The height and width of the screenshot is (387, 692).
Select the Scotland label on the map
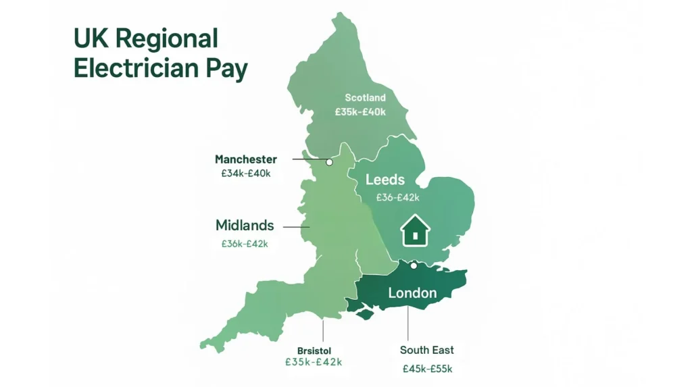click(x=365, y=98)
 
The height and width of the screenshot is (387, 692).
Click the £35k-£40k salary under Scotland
click(x=360, y=111)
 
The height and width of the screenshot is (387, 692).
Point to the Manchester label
click(x=246, y=159)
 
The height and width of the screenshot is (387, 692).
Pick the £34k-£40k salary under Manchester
click(x=245, y=174)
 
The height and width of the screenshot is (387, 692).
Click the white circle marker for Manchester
click(x=329, y=162)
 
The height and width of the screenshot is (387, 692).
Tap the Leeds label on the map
click(x=385, y=180)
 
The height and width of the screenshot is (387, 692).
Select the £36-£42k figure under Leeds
click(x=397, y=198)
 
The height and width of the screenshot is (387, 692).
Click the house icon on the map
click(x=415, y=231)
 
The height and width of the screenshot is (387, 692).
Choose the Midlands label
click(x=245, y=226)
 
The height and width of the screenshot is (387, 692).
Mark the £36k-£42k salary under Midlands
click(x=245, y=244)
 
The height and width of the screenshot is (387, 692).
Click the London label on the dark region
click(x=412, y=293)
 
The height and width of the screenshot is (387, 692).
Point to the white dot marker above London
click(x=414, y=265)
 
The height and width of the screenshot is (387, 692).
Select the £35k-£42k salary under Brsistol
click(x=314, y=362)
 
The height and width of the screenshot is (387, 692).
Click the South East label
click(x=427, y=350)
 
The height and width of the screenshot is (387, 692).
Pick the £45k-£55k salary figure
click(x=427, y=369)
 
